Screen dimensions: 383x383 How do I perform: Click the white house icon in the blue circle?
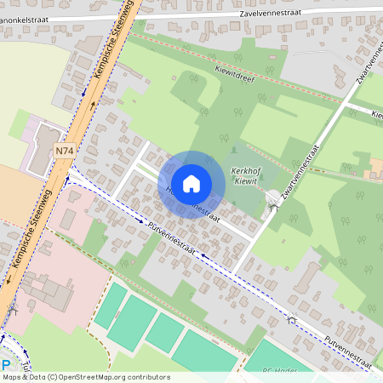pyautogui.click(x=191, y=184)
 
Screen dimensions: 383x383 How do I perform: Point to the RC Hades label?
pyautogui.click(x=278, y=371)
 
